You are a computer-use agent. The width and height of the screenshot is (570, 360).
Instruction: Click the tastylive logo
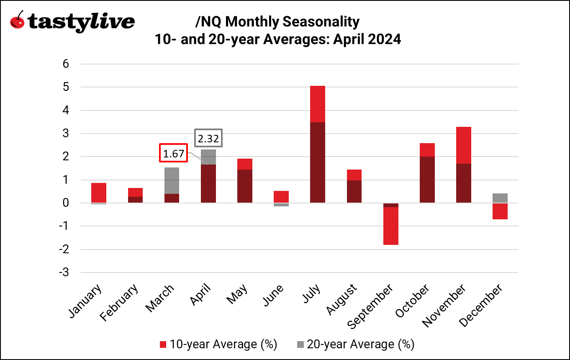72,21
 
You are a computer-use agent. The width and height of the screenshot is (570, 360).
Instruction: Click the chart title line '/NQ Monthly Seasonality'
278,21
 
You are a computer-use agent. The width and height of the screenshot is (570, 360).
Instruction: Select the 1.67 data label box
173,154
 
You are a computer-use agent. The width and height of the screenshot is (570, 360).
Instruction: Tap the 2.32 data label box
208,138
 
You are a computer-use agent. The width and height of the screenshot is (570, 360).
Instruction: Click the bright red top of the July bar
318,104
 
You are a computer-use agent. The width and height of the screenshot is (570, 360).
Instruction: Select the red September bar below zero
390,226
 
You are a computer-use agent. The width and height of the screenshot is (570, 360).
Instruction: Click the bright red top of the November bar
463,145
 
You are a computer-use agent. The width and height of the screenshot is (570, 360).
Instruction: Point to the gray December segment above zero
500,198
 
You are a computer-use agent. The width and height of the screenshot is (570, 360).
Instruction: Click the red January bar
99,193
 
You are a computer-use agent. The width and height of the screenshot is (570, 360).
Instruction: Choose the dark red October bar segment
427,180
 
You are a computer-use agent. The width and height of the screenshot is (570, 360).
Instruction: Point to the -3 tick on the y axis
64,273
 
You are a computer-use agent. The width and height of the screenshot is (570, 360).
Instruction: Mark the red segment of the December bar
500,211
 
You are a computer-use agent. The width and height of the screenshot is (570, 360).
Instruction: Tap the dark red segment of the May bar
245,186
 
